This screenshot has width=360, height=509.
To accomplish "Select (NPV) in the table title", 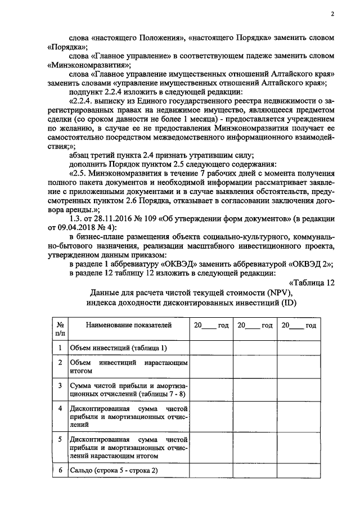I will point(281,292).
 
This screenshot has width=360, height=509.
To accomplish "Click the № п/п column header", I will point(60,330).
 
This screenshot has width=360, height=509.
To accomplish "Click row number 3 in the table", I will point(60,386).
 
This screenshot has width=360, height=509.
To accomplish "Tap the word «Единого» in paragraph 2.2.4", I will point(144,101).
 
